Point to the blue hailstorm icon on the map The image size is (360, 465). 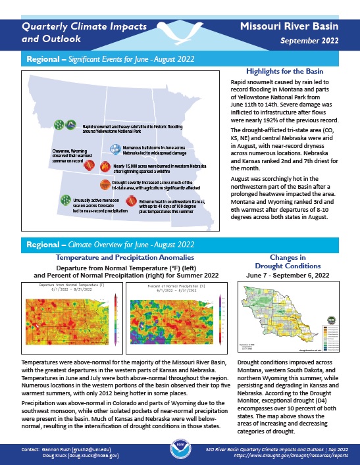point(115,150)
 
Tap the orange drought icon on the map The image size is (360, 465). point(105,185)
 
